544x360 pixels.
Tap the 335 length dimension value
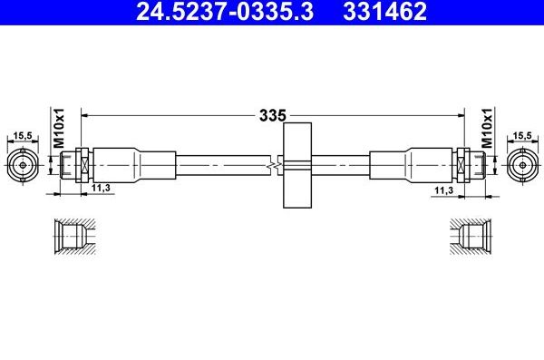click(x=273, y=116)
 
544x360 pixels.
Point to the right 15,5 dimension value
click(x=520, y=137)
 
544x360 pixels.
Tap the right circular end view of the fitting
click(x=520, y=166)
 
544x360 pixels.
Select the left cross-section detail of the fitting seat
click(x=70, y=238)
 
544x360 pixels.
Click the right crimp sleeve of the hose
click(x=426, y=166)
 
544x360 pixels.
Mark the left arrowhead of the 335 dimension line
click(x=86, y=115)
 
